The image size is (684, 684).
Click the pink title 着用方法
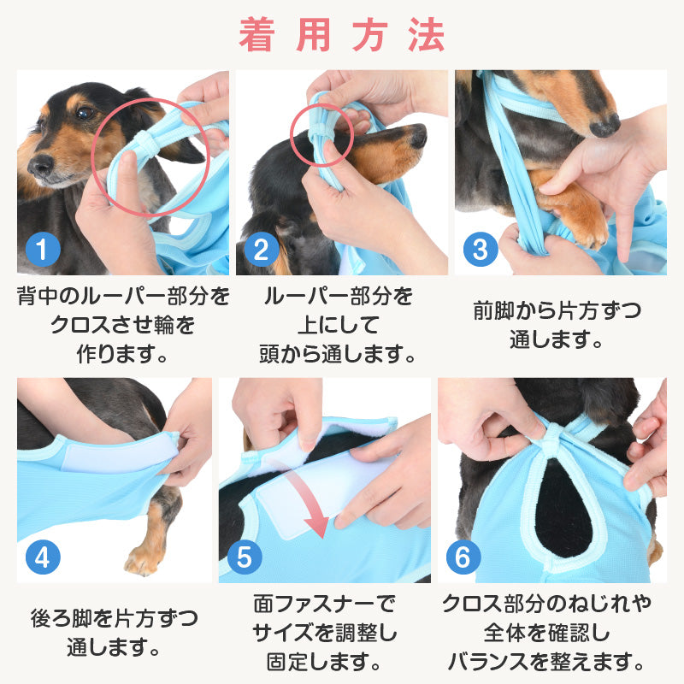tap(342, 36)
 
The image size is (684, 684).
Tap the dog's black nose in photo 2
tap(417, 136)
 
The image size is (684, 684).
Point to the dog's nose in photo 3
tap(604, 126)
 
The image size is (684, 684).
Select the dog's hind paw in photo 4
tap(142, 560)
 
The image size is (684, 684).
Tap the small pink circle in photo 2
tap(319, 134)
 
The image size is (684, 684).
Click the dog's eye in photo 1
tap(83, 112)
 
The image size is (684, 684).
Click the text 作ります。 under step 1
tap(122, 352)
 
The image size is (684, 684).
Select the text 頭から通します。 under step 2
tap(338, 352)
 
